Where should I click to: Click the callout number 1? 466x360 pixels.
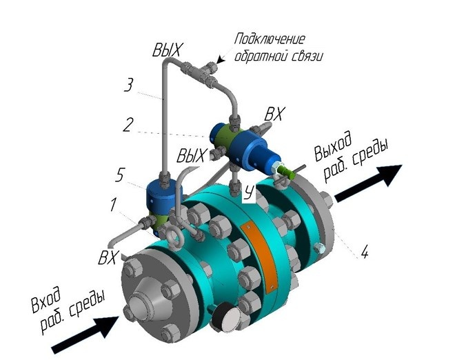click(113, 205)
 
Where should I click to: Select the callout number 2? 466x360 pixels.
click(128, 125)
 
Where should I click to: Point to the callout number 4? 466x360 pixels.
click(365, 252)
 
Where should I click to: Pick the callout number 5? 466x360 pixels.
click(119, 174)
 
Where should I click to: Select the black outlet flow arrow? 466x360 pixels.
click(369, 183)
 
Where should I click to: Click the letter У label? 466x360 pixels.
click(249, 192)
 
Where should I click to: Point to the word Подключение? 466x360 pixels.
click(270, 39)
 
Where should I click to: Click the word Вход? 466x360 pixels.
click(46, 300)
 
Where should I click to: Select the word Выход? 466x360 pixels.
click(333, 146)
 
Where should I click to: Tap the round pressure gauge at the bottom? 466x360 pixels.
click(228, 317)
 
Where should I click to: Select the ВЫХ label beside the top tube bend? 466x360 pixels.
click(166, 50)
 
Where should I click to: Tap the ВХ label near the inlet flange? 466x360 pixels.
click(109, 257)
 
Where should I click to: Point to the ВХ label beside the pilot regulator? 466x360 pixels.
click(274, 114)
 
